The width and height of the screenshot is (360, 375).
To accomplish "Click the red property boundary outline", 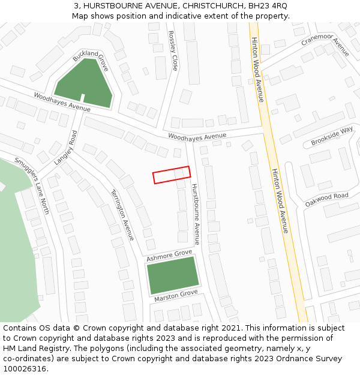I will tap(171, 175).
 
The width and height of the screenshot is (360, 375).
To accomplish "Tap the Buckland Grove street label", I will tap(91, 61).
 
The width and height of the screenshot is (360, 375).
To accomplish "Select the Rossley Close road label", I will tap(173, 51).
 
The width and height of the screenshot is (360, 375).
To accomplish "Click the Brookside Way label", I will tap(332, 137).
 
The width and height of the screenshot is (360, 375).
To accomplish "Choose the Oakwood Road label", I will tap(326, 200).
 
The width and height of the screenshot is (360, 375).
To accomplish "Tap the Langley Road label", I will tap(67, 147).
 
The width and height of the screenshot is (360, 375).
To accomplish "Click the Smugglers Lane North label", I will tap(32, 186).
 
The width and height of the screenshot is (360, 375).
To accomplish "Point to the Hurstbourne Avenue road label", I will tap(195, 210).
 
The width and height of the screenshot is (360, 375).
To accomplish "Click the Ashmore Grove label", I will tap(170, 256).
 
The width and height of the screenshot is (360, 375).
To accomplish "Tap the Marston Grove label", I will tap(176, 296).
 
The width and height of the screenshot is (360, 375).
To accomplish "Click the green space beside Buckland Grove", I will tap(84, 83).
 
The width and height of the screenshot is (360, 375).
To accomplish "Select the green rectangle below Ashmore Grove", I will tap(172, 275).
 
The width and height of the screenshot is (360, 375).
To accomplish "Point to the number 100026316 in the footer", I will tap(25, 368).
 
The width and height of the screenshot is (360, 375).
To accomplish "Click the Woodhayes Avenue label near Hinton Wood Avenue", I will tap(197, 137).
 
